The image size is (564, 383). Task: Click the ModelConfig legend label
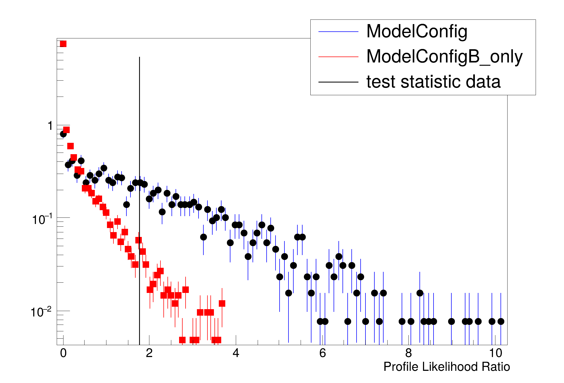[417, 32]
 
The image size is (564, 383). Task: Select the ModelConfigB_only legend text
[444, 57]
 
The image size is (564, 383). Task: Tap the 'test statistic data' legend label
[433, 82]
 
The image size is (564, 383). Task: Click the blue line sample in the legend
[338, 32]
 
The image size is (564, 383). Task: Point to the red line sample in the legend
[338, 57]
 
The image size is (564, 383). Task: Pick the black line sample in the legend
[338, 82]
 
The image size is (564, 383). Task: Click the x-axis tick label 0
[63, 353]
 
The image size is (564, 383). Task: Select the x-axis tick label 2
[149, 353]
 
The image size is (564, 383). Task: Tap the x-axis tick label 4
[236, 353]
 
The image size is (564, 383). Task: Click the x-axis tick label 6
[322, 353]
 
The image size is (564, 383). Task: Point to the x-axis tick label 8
[408, 353]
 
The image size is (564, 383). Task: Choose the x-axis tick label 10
[495, 353]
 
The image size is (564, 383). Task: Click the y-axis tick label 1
[50, 126]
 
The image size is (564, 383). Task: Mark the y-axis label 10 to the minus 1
[42, 219]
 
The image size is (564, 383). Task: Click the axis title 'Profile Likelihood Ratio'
[446, 367]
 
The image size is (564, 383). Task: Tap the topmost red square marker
[63, 44]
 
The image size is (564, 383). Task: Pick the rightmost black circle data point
[501, 321]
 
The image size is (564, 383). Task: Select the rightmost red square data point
[222, 303]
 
